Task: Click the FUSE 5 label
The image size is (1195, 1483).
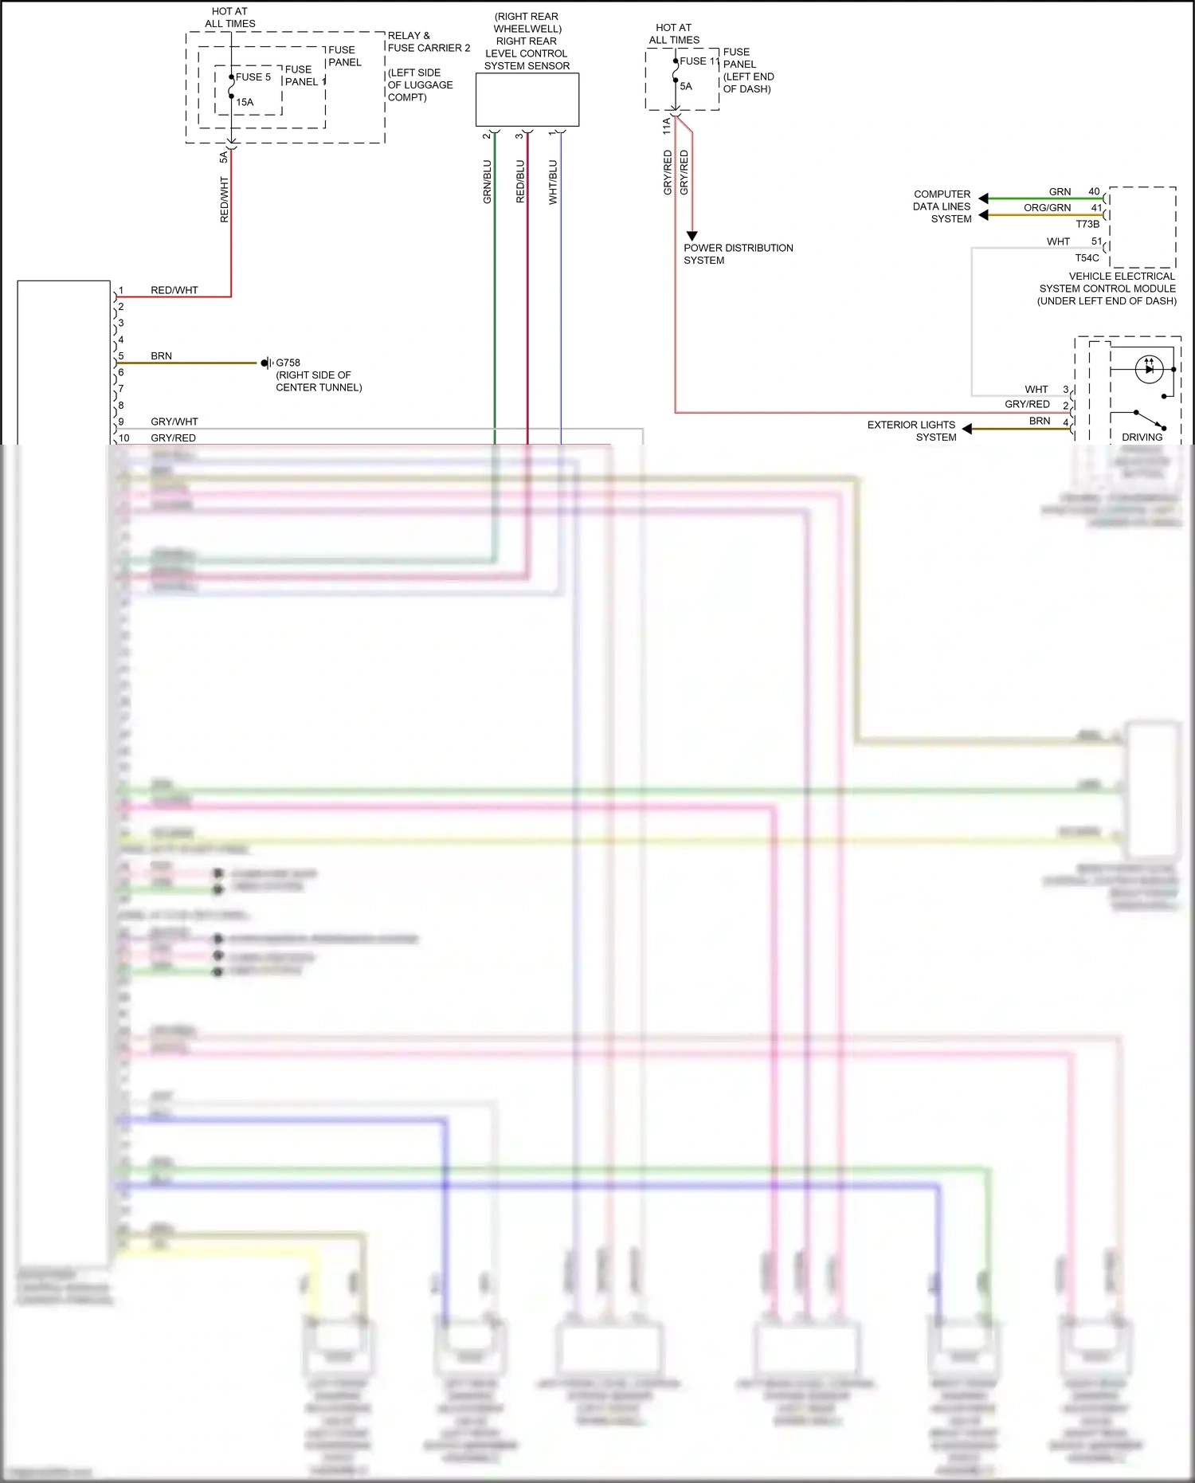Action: click(253, 77)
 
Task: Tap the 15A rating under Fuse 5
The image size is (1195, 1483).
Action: click(245, 102)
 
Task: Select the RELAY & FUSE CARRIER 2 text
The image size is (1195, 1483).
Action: click(429, 41)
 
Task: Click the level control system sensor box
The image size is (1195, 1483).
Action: click(527, 100)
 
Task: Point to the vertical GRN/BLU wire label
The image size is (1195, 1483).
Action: click(488, 182)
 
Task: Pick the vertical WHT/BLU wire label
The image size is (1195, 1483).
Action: click(553, 182)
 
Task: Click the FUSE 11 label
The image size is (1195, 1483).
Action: click(699, 61)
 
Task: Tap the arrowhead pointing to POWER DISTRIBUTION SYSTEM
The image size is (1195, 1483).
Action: click(692, 236)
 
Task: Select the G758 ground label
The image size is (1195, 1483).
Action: click(288, 363)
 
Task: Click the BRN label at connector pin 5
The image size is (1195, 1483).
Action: click(161, 356)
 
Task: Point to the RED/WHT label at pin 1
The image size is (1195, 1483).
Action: click(174, 291)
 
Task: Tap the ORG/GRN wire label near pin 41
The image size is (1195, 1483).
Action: click(1047, 208)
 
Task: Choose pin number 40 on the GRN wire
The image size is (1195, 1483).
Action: click(1094, 192)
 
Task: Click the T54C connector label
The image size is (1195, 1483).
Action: click(1087, 258)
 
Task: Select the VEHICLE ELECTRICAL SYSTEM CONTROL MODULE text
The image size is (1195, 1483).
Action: click(1107, 288)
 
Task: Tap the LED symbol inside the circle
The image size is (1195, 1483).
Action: click(1149, 369)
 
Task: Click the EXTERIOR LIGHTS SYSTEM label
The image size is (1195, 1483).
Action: click(911, 431)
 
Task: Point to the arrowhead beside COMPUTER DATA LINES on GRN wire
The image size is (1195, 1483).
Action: click(983, 198)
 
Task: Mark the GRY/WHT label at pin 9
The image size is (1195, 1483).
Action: click(174, 422)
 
